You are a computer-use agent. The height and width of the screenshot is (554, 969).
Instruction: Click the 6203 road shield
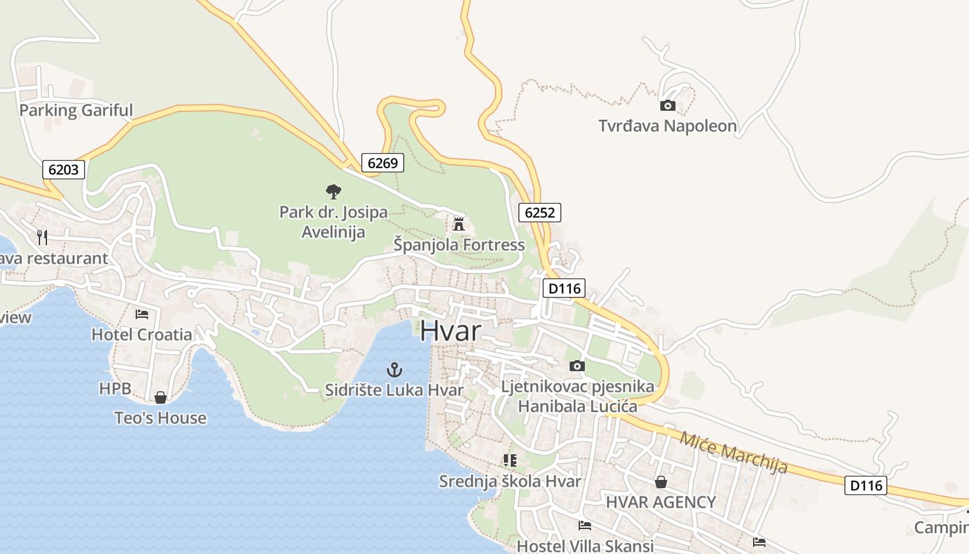coord(64,169)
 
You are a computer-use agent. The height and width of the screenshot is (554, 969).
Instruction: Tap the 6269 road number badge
coord(383,163)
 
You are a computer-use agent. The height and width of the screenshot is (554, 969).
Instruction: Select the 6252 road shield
coord(539,213)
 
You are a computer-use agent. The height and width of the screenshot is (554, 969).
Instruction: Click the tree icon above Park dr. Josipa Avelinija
coord(333,192)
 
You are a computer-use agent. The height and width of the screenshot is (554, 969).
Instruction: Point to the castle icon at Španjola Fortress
coord(458,224)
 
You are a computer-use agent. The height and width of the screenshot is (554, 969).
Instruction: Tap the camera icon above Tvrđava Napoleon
coord(667,105)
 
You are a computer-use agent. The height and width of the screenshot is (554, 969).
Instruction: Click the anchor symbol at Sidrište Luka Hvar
coord(394,369)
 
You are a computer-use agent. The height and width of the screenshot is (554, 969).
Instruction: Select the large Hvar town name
coord(450,330)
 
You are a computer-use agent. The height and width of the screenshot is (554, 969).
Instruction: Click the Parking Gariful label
coord(76,110)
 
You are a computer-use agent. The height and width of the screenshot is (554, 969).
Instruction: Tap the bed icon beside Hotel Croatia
coord(142,314)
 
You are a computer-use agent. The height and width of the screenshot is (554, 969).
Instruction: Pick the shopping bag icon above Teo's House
coord(161,397)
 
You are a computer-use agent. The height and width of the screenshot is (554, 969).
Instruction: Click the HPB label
coord(115,388)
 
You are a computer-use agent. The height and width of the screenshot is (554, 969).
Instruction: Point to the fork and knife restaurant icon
coord(42,238)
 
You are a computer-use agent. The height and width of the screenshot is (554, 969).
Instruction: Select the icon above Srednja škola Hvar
coord(510,461)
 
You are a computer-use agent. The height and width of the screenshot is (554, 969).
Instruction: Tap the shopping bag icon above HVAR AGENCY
coord(661,482)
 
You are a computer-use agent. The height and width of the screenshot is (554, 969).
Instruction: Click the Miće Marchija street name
coord(733,453)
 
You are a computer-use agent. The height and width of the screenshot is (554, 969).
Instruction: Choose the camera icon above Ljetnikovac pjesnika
coord(577,366)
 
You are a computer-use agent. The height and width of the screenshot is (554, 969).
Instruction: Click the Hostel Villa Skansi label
coord(586,546)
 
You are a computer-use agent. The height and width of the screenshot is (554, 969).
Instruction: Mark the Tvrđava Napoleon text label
coord(667,126)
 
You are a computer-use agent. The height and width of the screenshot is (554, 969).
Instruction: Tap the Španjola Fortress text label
coord(459,245)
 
